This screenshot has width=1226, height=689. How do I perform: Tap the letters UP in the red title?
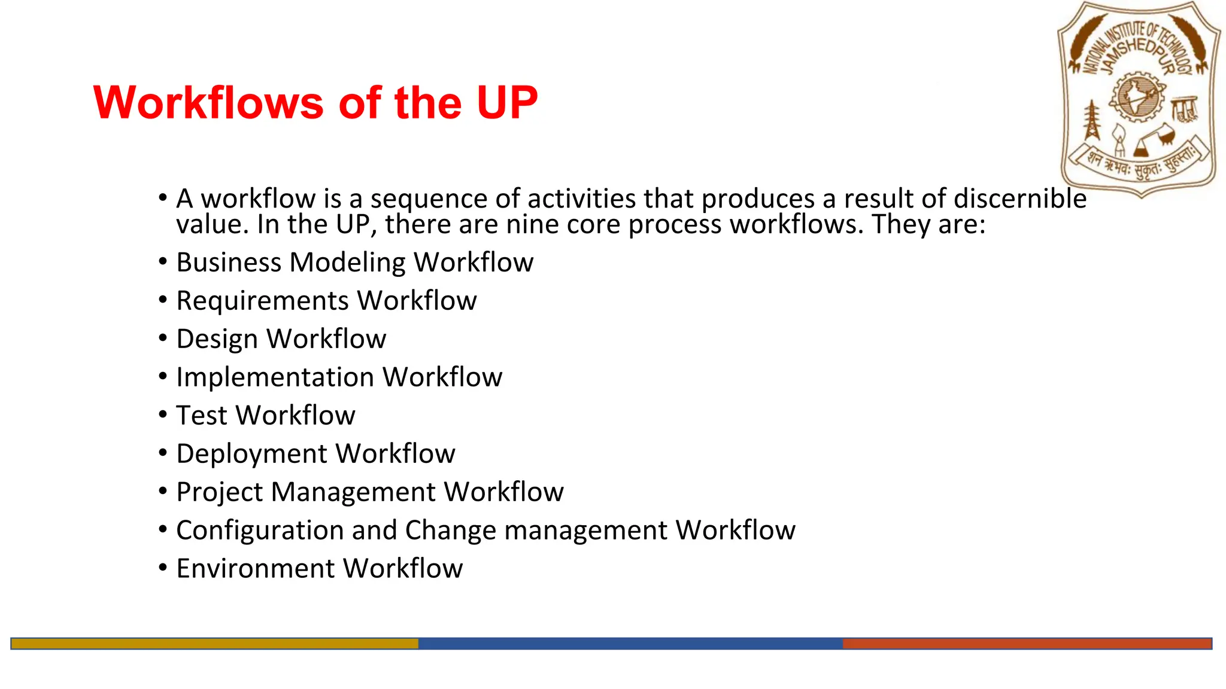tap(506, 103)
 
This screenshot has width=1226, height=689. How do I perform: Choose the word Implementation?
tap(275, 377)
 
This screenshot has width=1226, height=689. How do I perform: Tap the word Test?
tap(202, 416)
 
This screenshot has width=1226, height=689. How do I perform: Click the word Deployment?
tap(251, 454)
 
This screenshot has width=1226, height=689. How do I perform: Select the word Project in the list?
tap(219, 492)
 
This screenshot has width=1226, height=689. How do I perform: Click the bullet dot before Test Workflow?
tap(163, 414)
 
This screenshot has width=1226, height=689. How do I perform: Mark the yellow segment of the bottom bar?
tap(214, 644)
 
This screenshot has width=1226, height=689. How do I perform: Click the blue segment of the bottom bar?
tap(630, 644)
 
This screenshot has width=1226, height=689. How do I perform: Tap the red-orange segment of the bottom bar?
tap(1027, 644)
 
